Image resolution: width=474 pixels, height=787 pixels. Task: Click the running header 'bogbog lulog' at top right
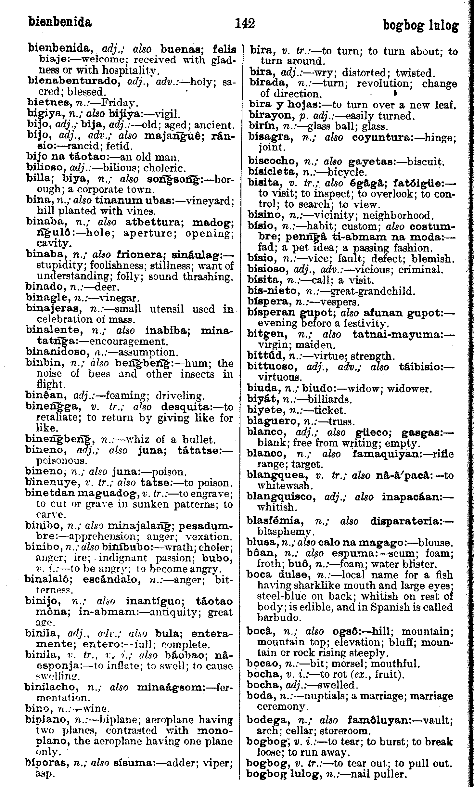click(421, 26)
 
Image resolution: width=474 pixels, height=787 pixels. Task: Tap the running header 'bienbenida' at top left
click(60, 22)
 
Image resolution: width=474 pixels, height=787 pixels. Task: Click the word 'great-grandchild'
click(372, 291)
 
